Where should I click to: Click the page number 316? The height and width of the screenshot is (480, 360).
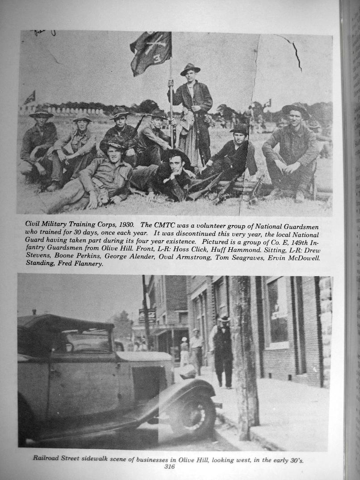click(x=169, y=467)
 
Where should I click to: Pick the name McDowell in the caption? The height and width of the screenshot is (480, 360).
click(x=301, y=257)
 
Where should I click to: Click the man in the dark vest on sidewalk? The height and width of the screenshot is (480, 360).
click(x=223, y=351)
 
